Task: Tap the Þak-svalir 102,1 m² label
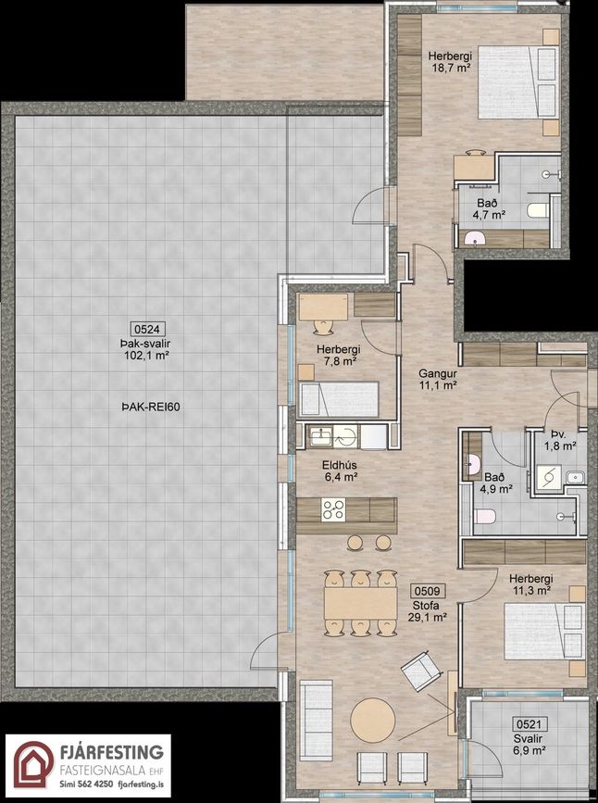(x=147, y=349)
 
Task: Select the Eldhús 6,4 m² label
(x=339, y=471)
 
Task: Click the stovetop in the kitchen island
(x=333, y=509)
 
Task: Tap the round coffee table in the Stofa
(x=373, y=720)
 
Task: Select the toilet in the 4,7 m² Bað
(x=537, y=209)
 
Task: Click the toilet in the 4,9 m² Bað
(x=484, y=516)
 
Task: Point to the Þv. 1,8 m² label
(x=560, y=440)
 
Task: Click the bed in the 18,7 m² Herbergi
(x=518, y=82)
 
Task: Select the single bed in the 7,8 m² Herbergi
(x=339, y=398)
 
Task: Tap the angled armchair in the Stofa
(x=421, y=671)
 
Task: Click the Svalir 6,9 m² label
(x=529, y=745)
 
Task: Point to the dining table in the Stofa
(x=360, y=603)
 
